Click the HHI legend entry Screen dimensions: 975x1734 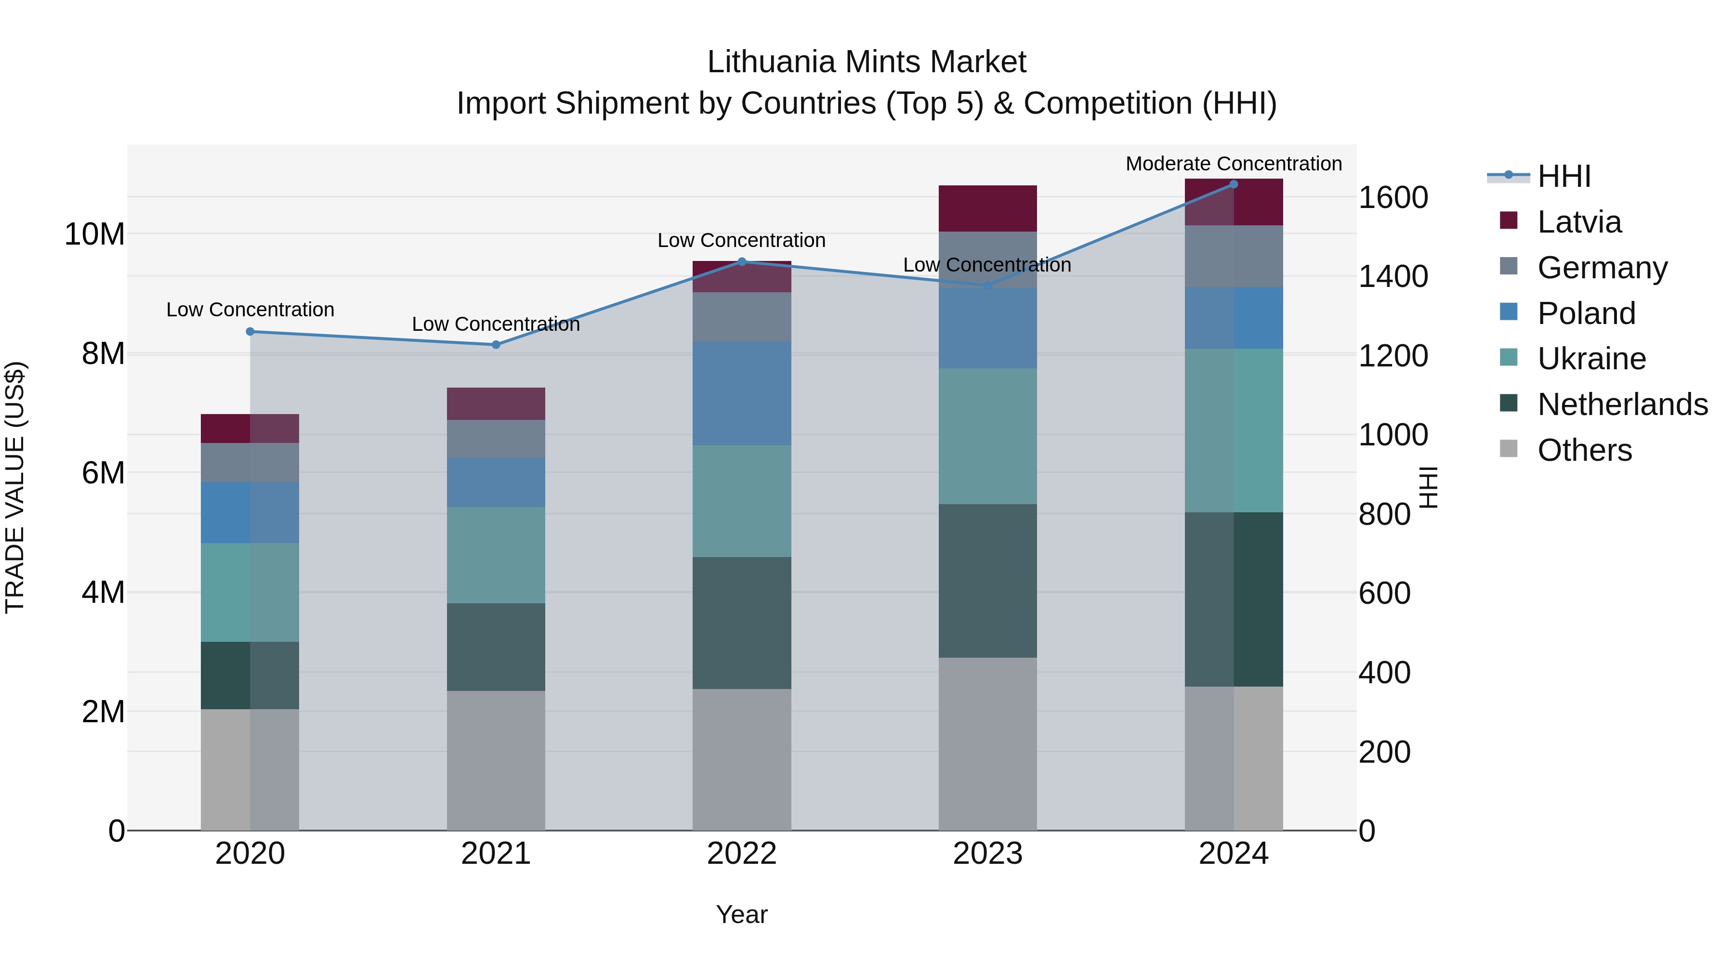[x=1563, y=176]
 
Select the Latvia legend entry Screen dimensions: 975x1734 [x=1578, y=222]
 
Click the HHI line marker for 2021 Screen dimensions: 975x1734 [x=496, y=345]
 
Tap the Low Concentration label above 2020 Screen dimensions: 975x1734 [x=250, y=310]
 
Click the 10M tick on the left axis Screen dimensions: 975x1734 [x=94, y=234]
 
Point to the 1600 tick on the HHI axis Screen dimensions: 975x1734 [x=1392, y=198]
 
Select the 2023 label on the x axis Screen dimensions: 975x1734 [x=987, y=854]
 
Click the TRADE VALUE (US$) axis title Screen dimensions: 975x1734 [x=15, y=487]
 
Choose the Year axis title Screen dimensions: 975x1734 [x=742, y=914]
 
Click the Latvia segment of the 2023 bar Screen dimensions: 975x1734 [x=987, y=208]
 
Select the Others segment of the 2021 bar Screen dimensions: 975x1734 [x=496, y=760]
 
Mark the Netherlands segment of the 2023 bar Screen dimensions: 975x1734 [x=987, y=580]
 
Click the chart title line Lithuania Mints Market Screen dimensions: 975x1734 [x=867, y=62]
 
